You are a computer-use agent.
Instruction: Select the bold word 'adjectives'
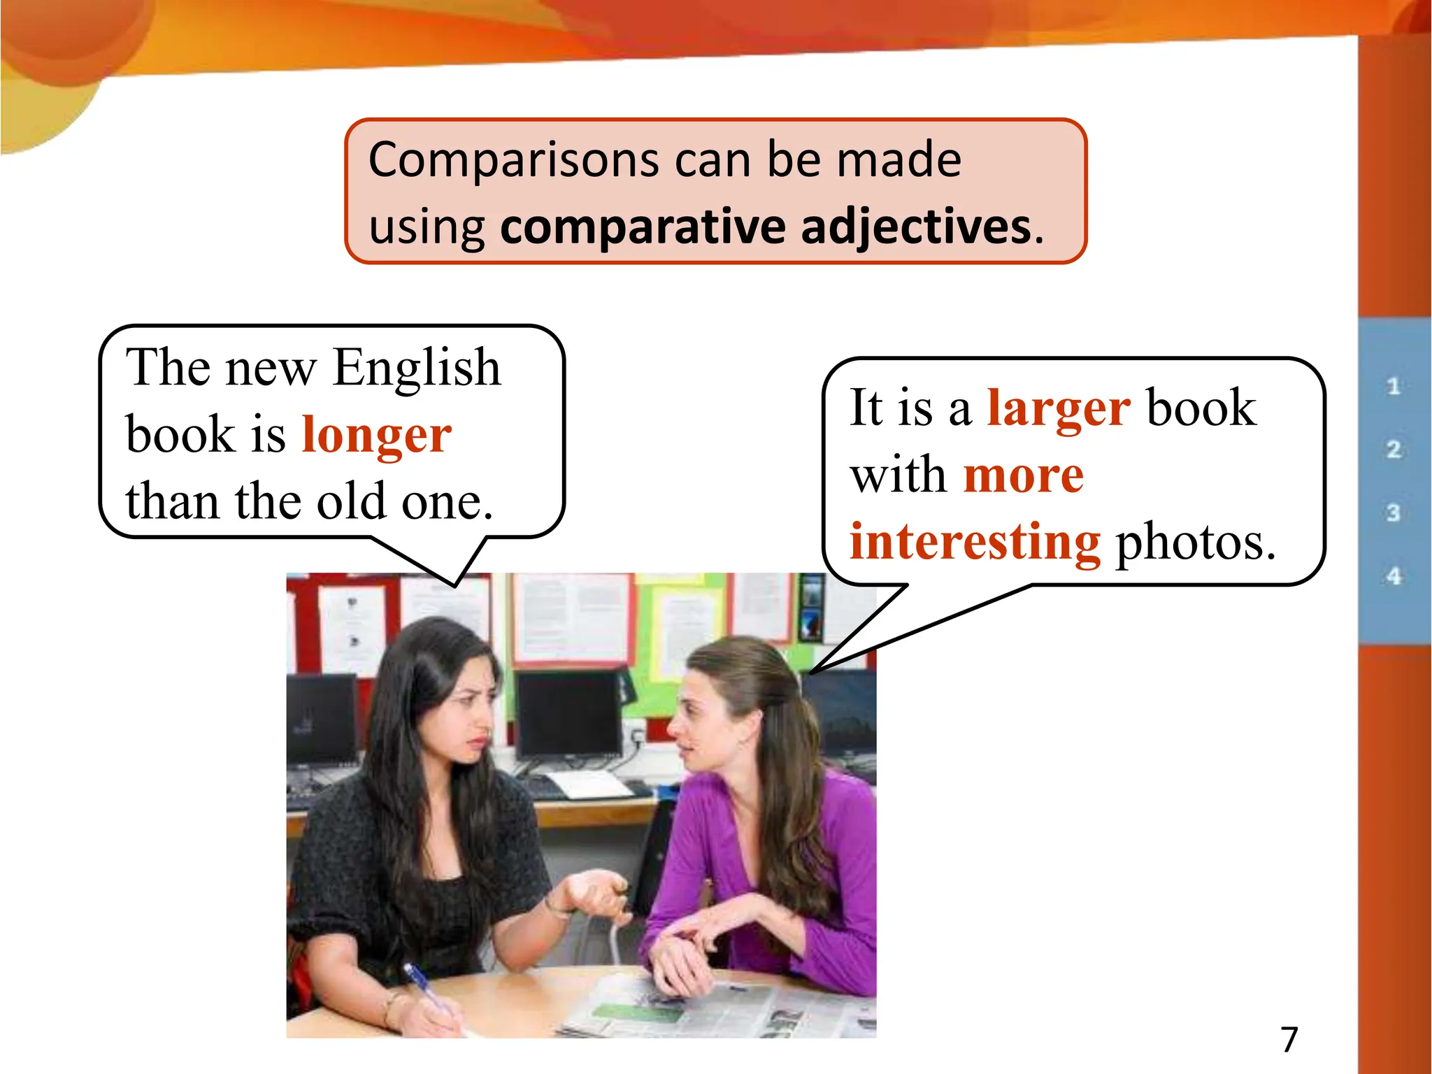pos(916,227)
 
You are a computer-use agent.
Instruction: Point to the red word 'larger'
pos(1059,408)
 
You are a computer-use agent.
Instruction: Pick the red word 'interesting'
pos(975,542)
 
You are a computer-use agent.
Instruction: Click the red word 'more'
pos(1024,475)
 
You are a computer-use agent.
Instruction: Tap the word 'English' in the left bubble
pos(417,368)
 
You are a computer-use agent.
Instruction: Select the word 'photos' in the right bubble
pos(1194,542)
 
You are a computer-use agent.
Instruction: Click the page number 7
pos(1289,1040)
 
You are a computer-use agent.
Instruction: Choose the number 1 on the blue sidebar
pos(1394,387)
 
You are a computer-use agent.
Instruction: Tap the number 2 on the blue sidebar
pos(1394,450)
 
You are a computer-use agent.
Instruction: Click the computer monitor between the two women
pos(568,713)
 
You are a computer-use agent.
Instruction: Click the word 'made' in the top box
pos(899,161)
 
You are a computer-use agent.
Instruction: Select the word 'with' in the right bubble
pos(898,475)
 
